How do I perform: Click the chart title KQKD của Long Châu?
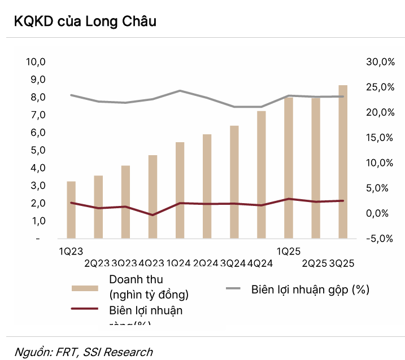tap(85, 22)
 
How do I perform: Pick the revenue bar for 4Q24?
tap(261, 175)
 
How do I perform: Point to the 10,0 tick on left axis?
tap(36, 62)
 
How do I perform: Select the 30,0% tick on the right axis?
tap(380, 62)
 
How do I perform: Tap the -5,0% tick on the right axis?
tap(380, 239)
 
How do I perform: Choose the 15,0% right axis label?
tap(380, 138)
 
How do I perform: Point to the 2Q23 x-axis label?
tap(97, 264)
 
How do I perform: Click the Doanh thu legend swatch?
tap(86, 288)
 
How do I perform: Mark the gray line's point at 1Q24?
tap(180, 90)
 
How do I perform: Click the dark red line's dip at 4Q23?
tap(153, 215)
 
